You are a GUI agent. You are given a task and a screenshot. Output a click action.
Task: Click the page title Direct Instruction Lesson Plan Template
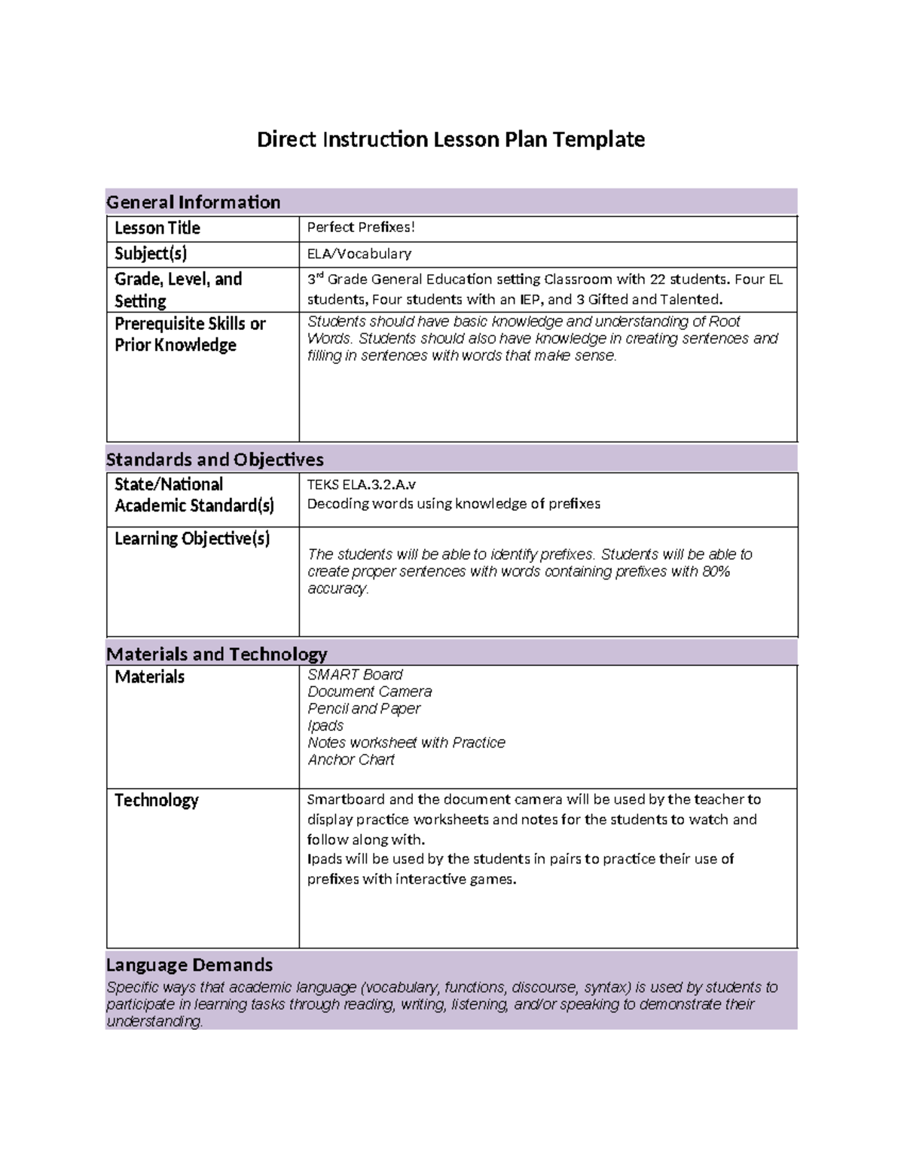coord(450,139)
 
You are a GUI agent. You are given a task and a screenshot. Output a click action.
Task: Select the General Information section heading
coord(193,202)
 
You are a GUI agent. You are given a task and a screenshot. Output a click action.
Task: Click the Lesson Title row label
coord(157,228)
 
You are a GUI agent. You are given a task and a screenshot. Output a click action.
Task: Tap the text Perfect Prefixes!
coord(361,228)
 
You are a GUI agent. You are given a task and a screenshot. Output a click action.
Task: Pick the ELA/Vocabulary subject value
coord(359,254)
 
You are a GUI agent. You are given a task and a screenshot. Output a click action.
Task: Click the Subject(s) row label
coord(151,254)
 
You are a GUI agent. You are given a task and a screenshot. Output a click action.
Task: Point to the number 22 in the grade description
coord(657,280)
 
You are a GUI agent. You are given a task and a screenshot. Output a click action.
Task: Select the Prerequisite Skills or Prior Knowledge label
coord(190,334)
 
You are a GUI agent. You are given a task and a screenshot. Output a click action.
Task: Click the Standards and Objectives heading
coord(215,460)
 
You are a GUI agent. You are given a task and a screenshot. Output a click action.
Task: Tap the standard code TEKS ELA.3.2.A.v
coord(361,484)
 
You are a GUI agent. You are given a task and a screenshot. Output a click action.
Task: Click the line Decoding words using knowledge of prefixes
coord(454,504)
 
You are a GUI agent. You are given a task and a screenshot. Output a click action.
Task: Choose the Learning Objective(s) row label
coord(192,539)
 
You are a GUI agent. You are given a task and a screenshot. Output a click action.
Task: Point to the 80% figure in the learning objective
coord(716,572)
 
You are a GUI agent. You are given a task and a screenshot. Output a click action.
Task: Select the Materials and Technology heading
coord(216,654)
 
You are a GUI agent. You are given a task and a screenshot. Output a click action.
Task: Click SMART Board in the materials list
coord(355,674)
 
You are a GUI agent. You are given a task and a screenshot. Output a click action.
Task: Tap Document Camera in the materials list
coord(369,692)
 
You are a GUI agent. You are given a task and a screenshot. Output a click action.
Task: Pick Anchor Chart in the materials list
coord(350,759)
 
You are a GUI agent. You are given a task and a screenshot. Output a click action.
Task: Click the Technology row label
coord(156,800)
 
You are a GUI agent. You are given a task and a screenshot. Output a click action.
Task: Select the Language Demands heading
coord(189,965)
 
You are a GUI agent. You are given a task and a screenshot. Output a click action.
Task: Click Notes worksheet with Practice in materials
coord(406,743)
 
